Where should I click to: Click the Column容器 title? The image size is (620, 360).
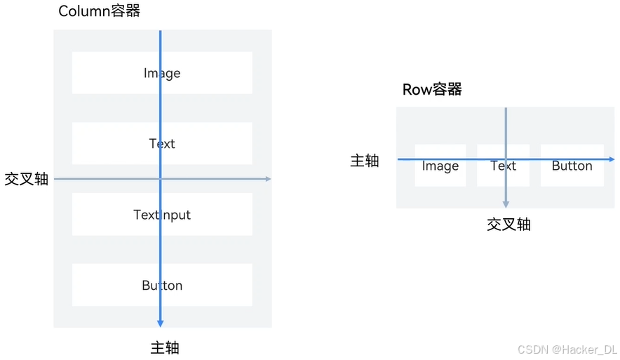click(99, 11)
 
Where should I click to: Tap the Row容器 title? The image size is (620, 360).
click(432, 90)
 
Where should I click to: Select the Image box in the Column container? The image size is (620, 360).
click(162, 73)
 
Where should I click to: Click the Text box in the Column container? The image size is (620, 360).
click(162, 144)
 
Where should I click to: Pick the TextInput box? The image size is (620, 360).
click(162, 215)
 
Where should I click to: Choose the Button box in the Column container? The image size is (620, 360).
click(162, 286)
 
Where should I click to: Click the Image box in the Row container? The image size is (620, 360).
click(440, 166)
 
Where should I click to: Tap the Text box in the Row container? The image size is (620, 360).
click(503, 166)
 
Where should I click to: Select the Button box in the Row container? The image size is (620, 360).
click(572, 166)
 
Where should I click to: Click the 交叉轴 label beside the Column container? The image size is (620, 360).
click(27, 179)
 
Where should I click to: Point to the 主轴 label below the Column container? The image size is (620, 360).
click(166, 347)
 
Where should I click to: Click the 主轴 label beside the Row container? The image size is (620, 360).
click(365, 161)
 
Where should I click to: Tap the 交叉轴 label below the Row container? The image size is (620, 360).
click(508, 225)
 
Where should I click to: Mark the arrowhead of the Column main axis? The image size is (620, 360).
click(161, 324)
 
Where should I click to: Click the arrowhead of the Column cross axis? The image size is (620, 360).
click(268, 179)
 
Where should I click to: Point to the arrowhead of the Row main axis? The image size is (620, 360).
click(612, 159)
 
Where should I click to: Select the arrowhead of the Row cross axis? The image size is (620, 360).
click(505, 204)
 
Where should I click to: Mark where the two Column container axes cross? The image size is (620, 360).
click(161, 179)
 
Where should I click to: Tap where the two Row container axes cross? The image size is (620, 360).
click(505, 159)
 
